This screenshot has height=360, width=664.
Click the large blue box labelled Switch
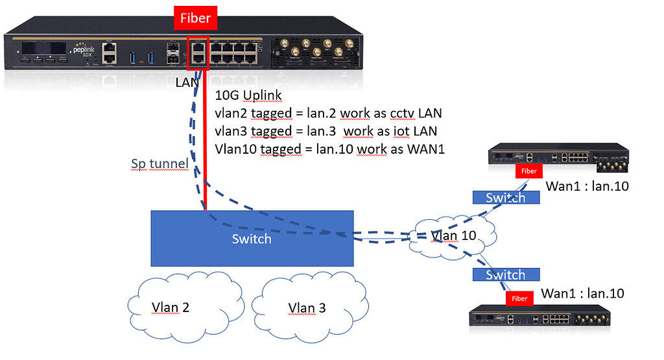tap(252, 238)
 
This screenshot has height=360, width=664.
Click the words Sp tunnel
tap(160, 164)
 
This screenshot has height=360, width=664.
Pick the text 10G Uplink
tap(248, 96)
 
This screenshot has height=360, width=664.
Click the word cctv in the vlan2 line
tap(405, 114)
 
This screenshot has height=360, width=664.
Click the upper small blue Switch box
tap(505, 197)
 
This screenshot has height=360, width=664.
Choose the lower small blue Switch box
tap(505, 274)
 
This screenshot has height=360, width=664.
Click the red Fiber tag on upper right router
tap(528, 171)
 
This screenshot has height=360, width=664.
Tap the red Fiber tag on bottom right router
tap(519, 298)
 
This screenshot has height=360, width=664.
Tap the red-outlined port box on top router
tap(197, 53)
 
